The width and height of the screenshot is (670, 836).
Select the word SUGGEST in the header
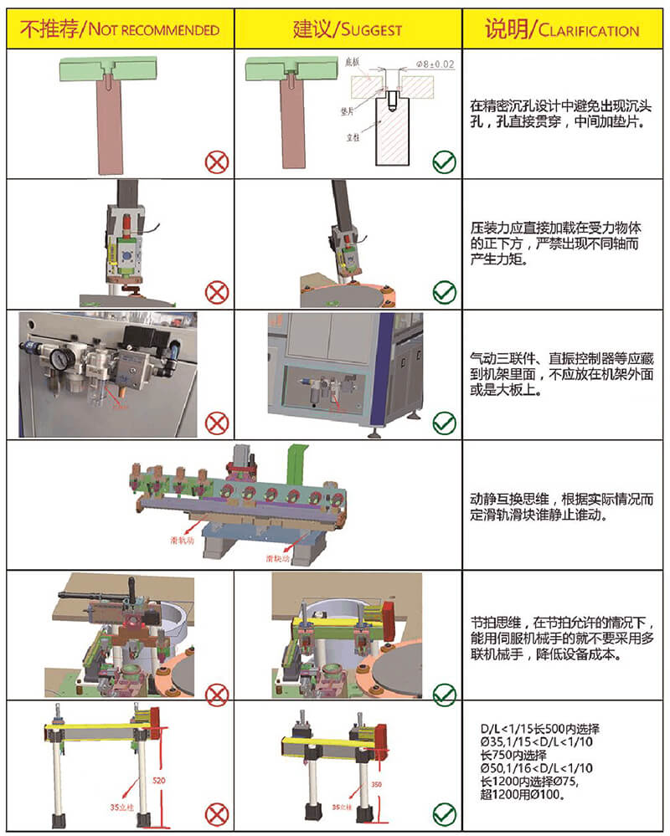click(x=368, y=31)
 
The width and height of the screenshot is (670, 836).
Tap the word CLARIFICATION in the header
click(x=589, y=31)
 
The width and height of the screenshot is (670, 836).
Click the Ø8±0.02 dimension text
click(x=435, y=64)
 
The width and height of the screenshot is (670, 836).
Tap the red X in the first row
click(x=217, y=162)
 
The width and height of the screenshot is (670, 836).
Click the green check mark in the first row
click(x=444, y=162)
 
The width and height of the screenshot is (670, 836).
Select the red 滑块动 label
click(x=277, y=556)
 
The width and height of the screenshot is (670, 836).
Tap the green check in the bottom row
click(x=444, y=813)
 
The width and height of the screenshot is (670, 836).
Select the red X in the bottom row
click(x=217, y=813)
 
